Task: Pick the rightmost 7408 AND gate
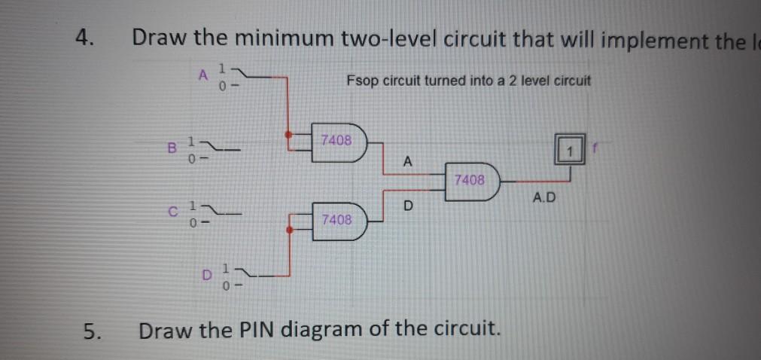(x=470, y=181)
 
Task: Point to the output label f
(x=592, y=150)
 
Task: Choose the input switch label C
(x=171, y=212)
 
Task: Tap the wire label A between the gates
(x=407, y=161)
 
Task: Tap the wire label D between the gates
(x=409, y=206)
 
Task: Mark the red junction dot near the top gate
(x=288, y=136)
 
